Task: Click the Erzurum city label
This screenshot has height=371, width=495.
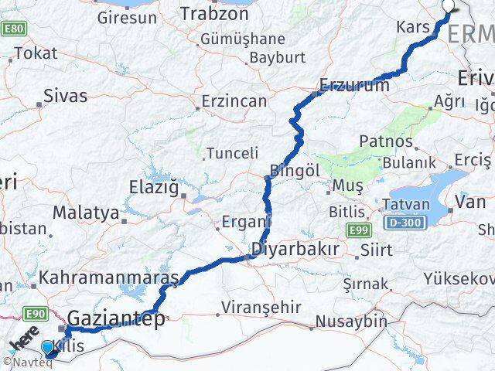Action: click(x=355, y=86)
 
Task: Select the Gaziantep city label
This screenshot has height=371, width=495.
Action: click(x=116, y=318)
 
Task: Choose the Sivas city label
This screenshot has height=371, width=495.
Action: click(x=66, y=97)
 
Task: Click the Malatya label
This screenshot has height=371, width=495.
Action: click(x=86, y=212)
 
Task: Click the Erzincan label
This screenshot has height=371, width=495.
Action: click(x=234, y=101)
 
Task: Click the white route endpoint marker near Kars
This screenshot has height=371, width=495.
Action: click(x=450, y=6)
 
